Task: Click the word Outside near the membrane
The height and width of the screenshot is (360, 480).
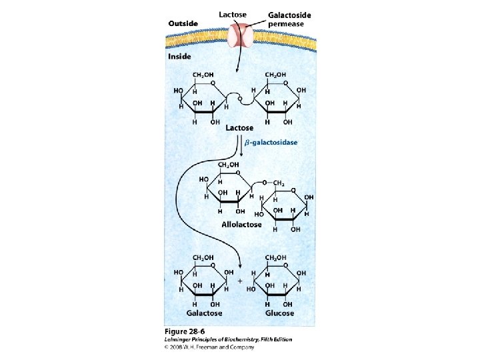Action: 183,23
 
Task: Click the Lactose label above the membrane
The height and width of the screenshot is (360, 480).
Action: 233,14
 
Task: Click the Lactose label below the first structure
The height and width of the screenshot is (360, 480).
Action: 239,127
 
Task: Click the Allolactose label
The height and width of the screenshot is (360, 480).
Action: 241,225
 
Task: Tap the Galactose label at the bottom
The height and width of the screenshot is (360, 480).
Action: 204,313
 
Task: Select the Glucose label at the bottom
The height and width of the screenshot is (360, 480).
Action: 279,313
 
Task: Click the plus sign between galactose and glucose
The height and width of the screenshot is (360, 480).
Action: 240,281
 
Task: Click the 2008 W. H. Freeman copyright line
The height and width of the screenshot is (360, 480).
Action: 209,347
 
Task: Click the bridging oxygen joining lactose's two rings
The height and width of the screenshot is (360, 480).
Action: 239,99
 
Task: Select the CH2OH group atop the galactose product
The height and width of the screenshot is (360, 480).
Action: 203,257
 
